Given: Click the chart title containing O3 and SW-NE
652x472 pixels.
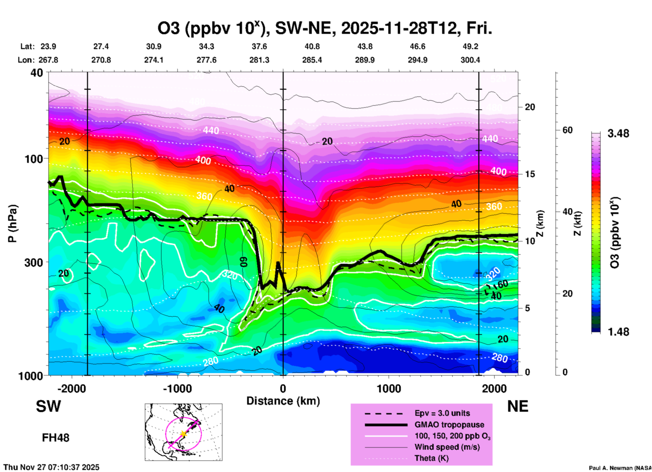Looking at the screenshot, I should point(324,28).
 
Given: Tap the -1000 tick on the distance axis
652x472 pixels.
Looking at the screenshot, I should point(177,389).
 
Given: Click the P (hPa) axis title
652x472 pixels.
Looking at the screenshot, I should point(13,223).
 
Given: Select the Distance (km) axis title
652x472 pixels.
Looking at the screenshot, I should point(283,401).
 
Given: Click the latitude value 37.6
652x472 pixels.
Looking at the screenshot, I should point(259,46).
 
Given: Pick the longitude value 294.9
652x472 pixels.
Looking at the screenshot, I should point(417,60).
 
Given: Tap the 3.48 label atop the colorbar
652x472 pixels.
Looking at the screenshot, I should point(618,133).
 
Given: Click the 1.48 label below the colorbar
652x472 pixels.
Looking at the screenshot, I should point(618,331).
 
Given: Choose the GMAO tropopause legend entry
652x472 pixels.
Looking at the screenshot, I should point(449,425).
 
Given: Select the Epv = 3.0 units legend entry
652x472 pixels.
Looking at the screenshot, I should point(442,413).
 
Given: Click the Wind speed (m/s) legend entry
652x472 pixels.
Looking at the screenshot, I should point(447,447).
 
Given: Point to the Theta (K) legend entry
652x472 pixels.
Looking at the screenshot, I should point(431,458).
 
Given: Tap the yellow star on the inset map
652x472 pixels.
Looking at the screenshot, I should point(183,433).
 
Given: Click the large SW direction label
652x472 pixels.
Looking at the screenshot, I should point(48,406).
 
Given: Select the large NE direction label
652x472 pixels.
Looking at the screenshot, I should point(517,406).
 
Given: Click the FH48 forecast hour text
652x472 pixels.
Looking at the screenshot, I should point(56,438).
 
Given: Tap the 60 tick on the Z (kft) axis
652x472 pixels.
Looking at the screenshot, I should point(567,130).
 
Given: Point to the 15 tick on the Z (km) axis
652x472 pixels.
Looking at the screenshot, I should point(530,174).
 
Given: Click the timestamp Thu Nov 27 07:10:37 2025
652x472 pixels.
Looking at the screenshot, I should point(51,467).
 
